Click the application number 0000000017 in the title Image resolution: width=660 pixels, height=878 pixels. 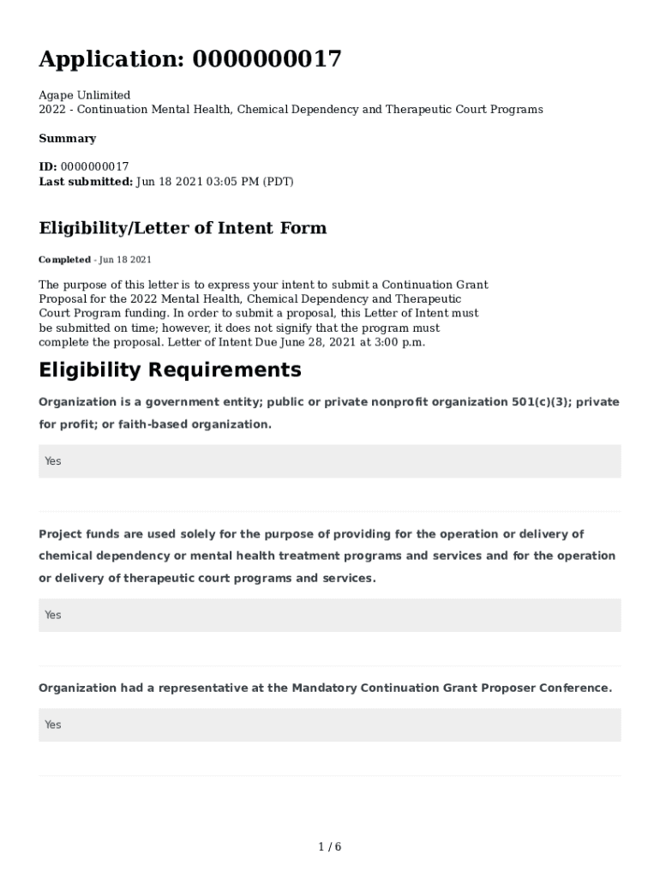coord(267,59)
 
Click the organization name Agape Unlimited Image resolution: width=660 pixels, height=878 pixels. coord(84,95)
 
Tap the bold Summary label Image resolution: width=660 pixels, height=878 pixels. coord(67,138)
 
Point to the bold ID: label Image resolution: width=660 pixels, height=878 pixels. coord(48,166)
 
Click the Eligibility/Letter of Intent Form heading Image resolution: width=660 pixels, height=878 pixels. coord(183,228)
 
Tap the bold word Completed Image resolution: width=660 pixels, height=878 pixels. coord(64,260)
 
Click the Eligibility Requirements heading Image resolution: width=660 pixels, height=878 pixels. coord(170,370)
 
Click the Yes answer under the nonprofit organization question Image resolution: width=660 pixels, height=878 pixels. coord(53,461)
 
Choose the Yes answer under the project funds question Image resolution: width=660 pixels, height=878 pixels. coord(53,615)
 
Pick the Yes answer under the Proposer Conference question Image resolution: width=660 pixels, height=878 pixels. coord(53,725)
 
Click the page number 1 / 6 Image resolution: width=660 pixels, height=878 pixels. coord(330,847)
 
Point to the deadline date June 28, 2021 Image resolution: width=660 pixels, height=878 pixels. coord(326,342)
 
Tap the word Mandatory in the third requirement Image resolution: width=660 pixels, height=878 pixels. coord(323,688)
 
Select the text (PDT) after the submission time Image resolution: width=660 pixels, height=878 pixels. coord(278,181)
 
